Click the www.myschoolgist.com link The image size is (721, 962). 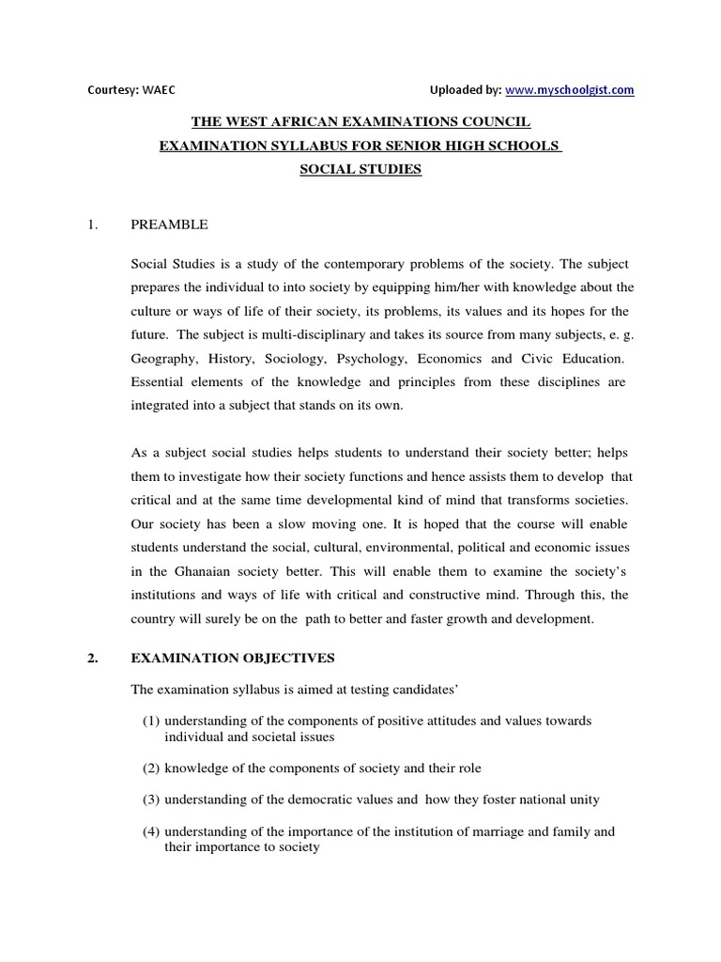click(x=570, y=90)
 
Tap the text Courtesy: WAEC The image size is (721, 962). click(x=131, y=90)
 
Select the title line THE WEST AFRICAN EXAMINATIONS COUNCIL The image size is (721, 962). click(x=361, y=122)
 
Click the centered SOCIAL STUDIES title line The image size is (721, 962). click(x=360, y=170)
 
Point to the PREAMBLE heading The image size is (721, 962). click(x=170, y=225)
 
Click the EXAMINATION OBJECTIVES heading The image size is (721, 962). click(x=232, y=658)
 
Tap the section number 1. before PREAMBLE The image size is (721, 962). click(x=92, y=225)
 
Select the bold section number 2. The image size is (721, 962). click(x=92, y=658)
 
